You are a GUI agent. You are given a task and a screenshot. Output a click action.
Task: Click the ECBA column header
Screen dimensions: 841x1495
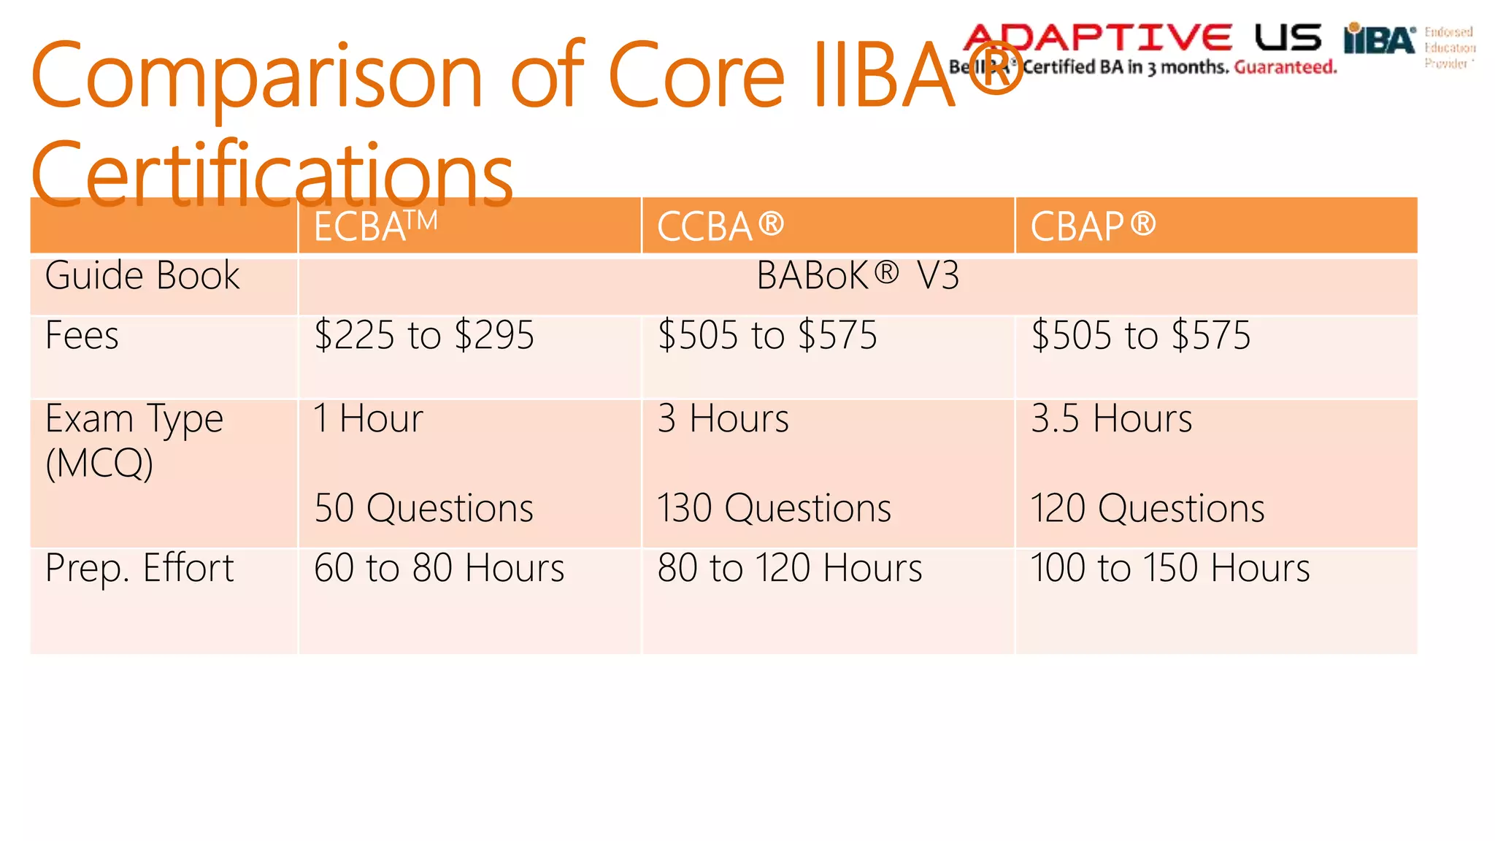tap(375, 226)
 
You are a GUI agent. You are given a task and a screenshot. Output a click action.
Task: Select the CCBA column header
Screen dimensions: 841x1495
tap(720, 226)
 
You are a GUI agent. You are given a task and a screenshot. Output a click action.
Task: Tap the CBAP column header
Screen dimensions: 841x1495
tap(1093, 226)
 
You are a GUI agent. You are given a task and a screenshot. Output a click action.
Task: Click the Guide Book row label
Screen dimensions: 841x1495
tap(142, 276)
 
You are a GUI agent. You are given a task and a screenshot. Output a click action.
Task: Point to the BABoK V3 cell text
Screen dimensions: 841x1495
tap(857, 276)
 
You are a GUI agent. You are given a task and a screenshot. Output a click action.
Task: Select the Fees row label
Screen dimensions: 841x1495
tap(82, 336)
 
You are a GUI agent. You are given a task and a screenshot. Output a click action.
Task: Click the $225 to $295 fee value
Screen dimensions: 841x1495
tap(424, 336)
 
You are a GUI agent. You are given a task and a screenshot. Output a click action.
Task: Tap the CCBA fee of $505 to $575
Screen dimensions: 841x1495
tap(767, 336)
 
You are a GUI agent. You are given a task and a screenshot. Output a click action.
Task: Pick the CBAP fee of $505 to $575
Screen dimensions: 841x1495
tap(1140, 336)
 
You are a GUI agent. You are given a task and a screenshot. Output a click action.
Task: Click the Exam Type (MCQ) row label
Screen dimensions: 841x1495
tap(134, 440)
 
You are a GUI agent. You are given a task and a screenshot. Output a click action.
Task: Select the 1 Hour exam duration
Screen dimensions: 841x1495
tap(369, 419)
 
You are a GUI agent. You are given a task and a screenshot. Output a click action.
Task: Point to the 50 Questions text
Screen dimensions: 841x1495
tap(424, 508)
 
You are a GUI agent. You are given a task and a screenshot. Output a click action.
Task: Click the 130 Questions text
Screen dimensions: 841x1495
tap(774, 508)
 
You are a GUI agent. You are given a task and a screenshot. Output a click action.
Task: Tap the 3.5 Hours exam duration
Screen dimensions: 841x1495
tap(1111, 419)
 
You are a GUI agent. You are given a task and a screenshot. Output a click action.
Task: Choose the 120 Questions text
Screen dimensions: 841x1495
tap(1147, 508)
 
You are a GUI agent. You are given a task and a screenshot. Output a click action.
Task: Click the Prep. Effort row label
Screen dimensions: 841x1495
tap(139, 568)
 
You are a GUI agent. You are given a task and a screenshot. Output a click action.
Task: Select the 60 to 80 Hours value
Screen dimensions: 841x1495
tap(439, 568)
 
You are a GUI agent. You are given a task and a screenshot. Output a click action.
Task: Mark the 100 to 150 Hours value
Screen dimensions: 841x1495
tap(1169, 568)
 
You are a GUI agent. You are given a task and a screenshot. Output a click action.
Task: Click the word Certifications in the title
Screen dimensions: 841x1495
tap(272, 175)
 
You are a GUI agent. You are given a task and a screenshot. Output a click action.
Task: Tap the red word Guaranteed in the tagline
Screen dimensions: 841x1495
tap(1285, 68)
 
